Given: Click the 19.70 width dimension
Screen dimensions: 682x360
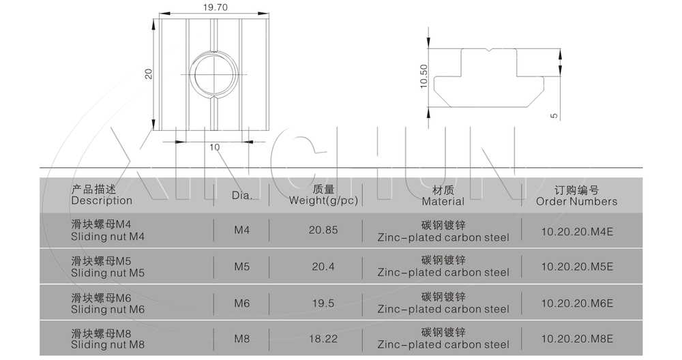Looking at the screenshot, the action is click(x=216, y=7).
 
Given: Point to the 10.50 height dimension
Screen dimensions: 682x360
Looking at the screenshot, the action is click(x=424, y=76).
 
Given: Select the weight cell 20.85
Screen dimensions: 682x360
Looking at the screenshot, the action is click(x=323, y=230).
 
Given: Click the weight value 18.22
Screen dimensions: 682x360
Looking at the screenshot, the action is click(x=323, y=339).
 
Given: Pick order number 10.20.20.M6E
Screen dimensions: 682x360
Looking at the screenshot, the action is click(x=577, y=303).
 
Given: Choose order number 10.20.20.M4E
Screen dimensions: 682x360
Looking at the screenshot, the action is click(x=577, y=231).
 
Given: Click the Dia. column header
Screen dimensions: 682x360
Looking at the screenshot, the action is click(x=242, y=196).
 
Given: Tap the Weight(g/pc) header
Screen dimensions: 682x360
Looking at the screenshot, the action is click(x=323, y=200).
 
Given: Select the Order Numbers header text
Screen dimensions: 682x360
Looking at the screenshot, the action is click(x=577, y=201).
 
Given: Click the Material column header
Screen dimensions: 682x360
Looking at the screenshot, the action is click(x=443, y=201).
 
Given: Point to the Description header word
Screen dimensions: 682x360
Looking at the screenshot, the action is click(x=102, y=200).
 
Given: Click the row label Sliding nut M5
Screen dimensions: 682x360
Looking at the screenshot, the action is click(x=108, y=273).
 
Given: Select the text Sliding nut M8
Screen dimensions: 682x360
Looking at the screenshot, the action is click(x=108, y=345).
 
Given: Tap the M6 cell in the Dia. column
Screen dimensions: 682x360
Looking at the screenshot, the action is click(x=242, y=303).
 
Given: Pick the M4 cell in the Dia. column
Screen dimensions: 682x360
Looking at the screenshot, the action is click(x=242, y=230).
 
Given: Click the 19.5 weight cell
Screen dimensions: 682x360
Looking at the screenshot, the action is click(x=323, y=303).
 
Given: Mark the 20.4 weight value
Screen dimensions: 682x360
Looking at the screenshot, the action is click(x=323, y=267).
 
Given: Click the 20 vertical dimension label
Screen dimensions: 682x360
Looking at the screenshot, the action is click(x=149, y=74).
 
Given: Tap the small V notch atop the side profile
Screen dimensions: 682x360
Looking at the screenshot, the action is click(x=489, y=50).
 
